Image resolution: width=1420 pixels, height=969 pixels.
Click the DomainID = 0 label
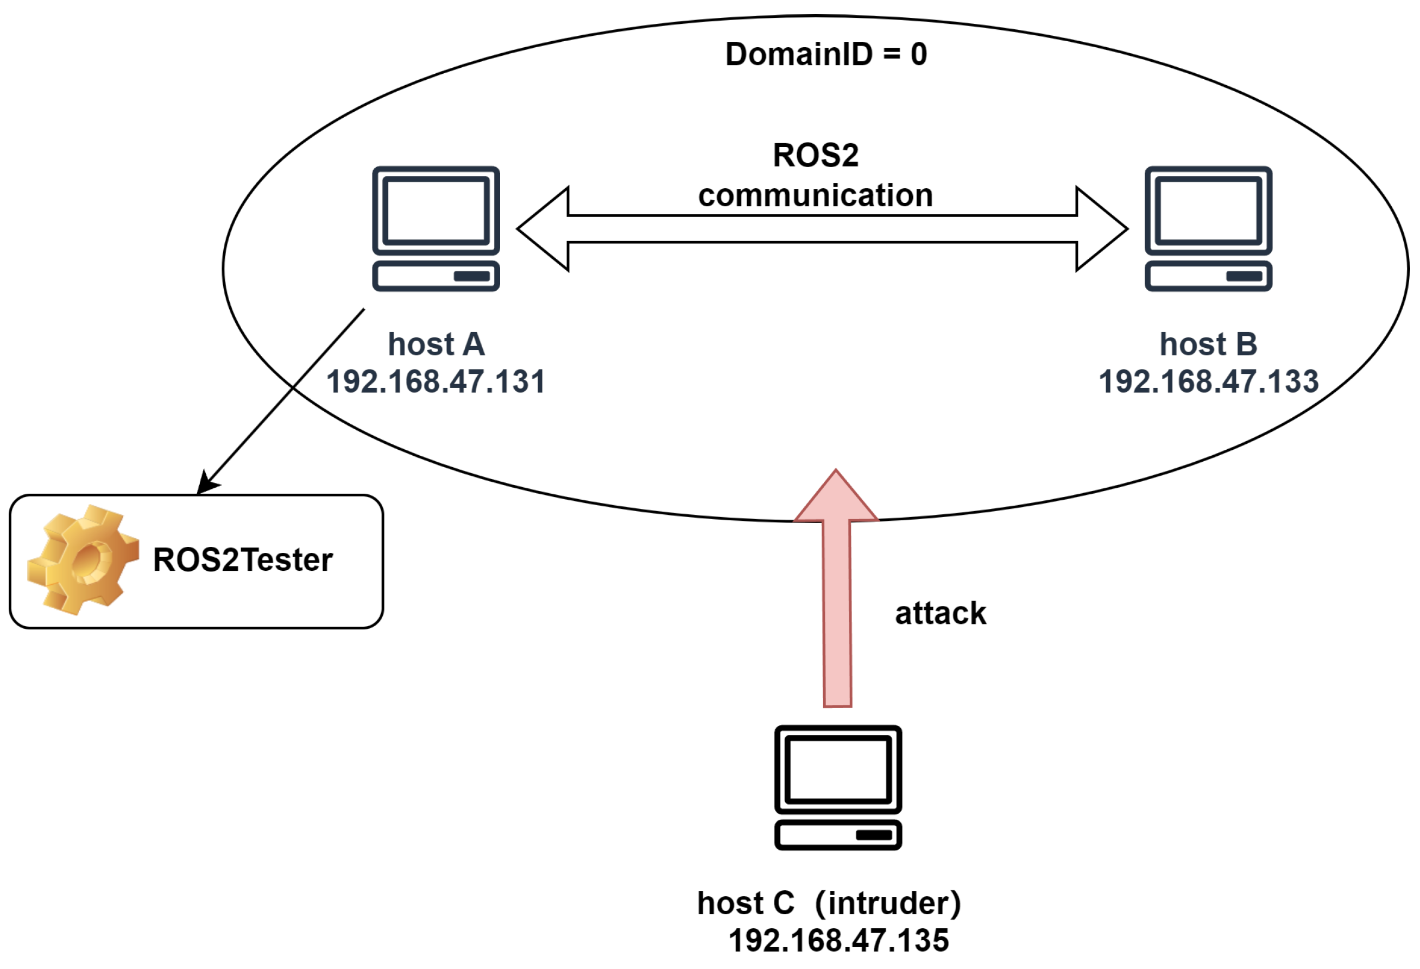[825, 54]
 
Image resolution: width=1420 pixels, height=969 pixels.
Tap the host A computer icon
[436, 228]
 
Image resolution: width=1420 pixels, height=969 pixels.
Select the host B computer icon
[1208, 228]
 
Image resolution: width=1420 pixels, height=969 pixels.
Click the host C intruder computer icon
[838, 788]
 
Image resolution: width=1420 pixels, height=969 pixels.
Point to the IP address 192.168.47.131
[436, 382]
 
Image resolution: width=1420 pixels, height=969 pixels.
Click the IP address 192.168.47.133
[1208, 382]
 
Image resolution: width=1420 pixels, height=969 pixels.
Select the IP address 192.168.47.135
[838, 941]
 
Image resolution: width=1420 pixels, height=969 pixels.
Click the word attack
[940, 614]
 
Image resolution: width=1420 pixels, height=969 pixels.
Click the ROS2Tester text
[243, 560]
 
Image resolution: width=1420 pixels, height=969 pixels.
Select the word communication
[815, 196]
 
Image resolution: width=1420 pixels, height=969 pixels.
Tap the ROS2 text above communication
[815, 155]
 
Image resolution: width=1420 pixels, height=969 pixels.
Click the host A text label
[436, 345]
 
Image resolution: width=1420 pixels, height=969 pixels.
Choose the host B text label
[1208, 345]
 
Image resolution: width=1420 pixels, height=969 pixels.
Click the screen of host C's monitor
[838, 769]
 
